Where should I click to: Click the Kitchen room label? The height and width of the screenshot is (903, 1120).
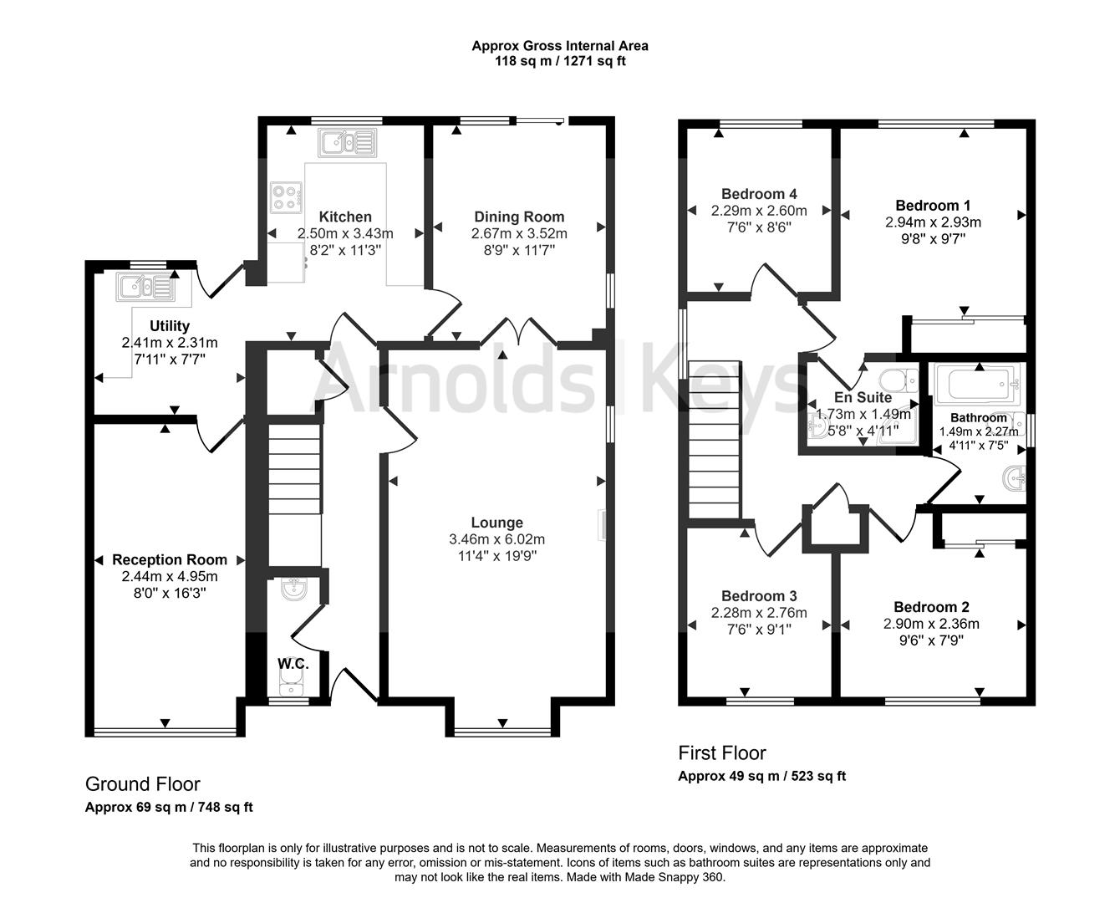pyautogui.click(x=345, y=217)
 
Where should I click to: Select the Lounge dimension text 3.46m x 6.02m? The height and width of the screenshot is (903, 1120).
pyautogui.click(x=496, y=539)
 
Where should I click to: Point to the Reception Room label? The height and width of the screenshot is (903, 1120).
pyautogui.click(x=170, y=559)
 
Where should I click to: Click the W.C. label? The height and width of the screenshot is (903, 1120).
pyautogui.click(x=293, y=664)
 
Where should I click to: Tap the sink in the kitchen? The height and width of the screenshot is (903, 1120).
pyautogui.click(x=348, y=143)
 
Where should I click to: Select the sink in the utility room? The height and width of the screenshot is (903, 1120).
pyautogui.click(x=145, y=287)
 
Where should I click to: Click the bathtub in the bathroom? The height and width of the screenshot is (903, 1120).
pyautogui.click(x=975, y=385)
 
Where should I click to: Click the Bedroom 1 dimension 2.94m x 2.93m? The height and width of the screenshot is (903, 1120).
pyautogui.click(x=933, y=222)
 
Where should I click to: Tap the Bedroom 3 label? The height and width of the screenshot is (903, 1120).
pyautogui.click(x=759, y=596)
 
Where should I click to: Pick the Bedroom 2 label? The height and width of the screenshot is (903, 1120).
pyautogui.click(x=931, y=607)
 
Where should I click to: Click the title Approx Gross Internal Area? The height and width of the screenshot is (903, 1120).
pyautogui.click(x=560, y=46)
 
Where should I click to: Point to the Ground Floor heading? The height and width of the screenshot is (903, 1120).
pyautogui.click(x=143, y=783)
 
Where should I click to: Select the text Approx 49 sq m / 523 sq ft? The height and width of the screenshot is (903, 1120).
pyautogui.click(x=761, y=776)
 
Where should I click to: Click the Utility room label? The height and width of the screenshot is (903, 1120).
pyautogui.click(x=170, y=325)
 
